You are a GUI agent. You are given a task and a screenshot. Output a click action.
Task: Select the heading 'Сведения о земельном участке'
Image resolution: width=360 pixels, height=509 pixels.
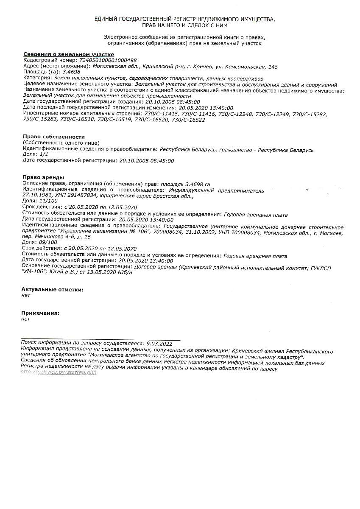[x=68, y=54]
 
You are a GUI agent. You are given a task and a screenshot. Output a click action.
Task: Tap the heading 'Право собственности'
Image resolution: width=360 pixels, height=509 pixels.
[x=53, y=137]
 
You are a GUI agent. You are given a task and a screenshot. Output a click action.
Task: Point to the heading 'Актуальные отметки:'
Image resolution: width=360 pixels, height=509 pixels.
[x=52, y=289]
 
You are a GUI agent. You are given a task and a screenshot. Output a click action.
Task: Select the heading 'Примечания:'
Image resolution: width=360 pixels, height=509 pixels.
[x=40, y=313]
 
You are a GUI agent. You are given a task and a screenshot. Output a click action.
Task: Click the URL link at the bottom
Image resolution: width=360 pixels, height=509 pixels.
[x=59, y=372]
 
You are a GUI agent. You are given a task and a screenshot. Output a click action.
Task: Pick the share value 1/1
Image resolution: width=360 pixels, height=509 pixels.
[x=44, y=155]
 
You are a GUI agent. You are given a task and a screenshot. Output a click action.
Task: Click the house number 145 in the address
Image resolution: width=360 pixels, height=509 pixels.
[x=273, y=67]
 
